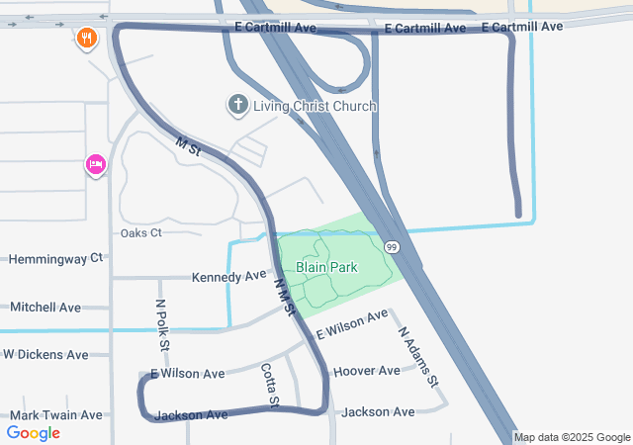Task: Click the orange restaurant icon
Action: [87, 40]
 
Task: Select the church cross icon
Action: [237, 105]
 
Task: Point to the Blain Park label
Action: [325, 267]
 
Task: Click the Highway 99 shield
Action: [392, 246]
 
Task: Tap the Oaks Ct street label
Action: [140, 233]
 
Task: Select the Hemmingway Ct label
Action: [55, 258]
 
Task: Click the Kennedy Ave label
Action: [229, 276]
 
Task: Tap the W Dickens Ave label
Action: [59, 354]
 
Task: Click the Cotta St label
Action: [270, 386]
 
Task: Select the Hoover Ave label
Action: [367, 371]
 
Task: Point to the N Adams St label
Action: [418, 357]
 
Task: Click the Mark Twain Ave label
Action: [56, 415]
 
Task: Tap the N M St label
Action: [285, 297]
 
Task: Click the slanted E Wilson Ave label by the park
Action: [352, 326]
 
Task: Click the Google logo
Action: [34, 432]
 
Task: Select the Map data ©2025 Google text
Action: [572, 437]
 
